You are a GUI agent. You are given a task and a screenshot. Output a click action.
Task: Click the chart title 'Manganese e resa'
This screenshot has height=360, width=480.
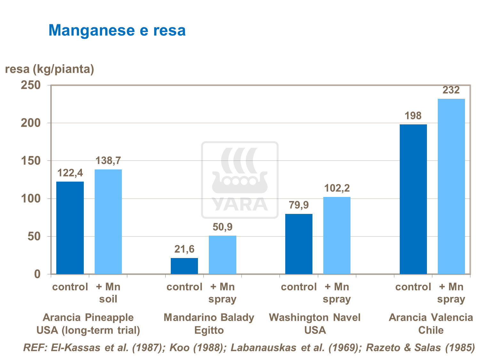tap(117, 30)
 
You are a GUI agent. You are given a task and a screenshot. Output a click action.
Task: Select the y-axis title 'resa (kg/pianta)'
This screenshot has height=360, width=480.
tap(50, 69)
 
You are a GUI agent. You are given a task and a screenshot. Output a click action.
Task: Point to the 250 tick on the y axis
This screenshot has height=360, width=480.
tap(31, 85)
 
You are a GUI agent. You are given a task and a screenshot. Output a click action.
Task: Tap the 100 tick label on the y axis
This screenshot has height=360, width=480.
tap(31, 199)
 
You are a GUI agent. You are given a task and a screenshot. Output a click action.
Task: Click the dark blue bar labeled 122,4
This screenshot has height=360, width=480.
tap(70, 228)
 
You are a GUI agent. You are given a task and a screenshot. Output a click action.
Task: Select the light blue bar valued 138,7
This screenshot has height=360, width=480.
tap(108, 222)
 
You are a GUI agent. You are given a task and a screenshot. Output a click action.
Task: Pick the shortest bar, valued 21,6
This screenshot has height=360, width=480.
tap(184, 266)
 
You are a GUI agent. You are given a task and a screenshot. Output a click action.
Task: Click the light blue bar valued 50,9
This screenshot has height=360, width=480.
tap(223, 255)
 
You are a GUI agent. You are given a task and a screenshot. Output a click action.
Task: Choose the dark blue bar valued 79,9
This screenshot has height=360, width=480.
tap(299, 244)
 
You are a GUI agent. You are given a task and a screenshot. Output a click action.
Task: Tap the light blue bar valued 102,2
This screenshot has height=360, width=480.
tap(337, 235)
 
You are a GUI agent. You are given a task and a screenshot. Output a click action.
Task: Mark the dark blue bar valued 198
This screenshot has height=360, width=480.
tap(413, 199)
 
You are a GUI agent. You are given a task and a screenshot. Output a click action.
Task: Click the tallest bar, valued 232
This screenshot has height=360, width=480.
tap(451, 186)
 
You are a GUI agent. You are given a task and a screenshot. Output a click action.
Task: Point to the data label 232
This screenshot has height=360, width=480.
tap(451, 90)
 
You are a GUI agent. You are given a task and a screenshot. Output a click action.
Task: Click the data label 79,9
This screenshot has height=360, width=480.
tap(299, 205)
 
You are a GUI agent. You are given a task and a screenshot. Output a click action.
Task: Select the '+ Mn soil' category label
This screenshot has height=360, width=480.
tap(108, 293)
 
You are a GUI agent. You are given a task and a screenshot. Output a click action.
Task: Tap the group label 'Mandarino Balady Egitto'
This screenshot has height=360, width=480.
tap(209, 324)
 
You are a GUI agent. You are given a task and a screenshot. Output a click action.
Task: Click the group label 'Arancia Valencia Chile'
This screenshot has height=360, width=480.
tap(431, 324)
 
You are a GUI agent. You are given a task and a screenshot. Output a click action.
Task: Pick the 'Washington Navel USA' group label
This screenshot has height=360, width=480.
tap(315, 324)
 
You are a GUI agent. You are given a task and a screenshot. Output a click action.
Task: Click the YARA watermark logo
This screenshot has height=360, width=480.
tap(240, 180)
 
